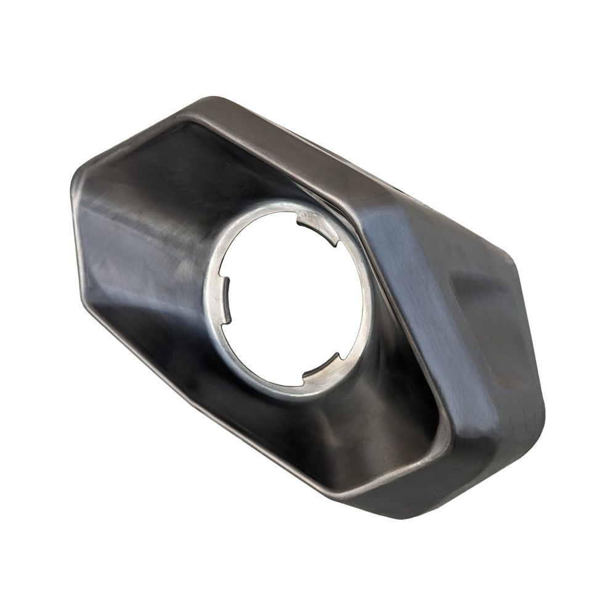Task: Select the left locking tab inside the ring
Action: pos(225,299)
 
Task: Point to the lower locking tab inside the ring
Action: pos(320,366)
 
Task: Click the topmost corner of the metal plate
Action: pos(213,99)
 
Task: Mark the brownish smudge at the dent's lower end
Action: pos(502,382)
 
